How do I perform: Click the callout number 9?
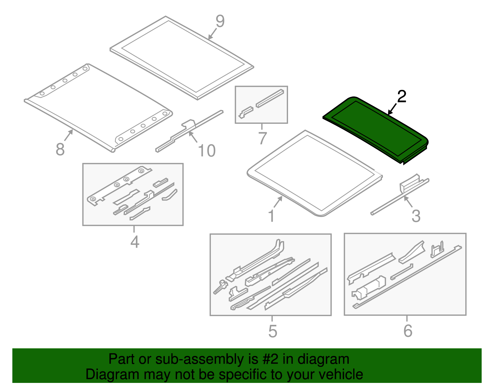point(220,21)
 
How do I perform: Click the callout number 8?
point(60,150)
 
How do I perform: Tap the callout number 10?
point(207,151)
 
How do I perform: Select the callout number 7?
point(262,138)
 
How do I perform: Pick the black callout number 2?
point(402,96)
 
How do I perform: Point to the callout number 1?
point(271,216)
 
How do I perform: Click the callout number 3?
point(416,216)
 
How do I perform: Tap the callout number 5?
point(273,331)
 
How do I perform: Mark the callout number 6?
point(408,331)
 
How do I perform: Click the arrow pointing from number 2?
point(392,109)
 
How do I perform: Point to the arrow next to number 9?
point(212,34)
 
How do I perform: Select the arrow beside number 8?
point(69,135)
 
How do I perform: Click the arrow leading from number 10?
point(193,137)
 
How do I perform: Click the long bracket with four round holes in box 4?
point(119,186)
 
